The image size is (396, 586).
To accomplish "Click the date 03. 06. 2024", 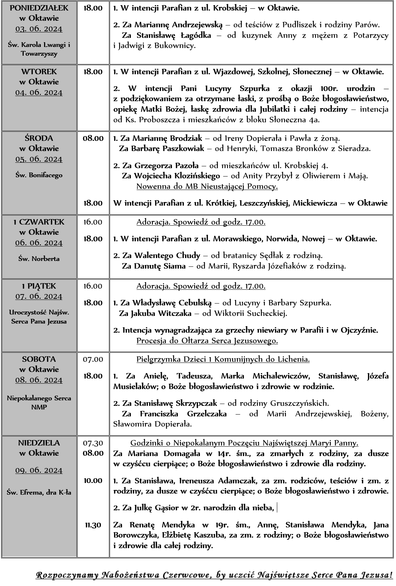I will tap(39, 29).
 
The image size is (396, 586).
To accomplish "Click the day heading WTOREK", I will tap(39, 72).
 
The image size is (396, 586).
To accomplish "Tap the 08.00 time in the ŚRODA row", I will tap(93, 138).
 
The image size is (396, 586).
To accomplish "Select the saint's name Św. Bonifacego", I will tap(39, 175).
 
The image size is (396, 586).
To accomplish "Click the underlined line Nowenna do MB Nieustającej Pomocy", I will tap(207, 186).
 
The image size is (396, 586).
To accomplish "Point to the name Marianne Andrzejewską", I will tap(178, 25).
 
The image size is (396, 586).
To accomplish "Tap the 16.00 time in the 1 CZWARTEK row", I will tap(93, 222).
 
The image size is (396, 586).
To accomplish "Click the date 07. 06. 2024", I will tap(39, 296).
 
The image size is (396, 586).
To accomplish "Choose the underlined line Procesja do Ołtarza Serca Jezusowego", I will tap(207, 341).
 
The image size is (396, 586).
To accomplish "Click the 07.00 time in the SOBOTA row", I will tap(93, 359).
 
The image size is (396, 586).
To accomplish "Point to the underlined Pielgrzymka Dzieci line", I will tap(223, 359).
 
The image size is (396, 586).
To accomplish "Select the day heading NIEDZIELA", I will tap(39, 443).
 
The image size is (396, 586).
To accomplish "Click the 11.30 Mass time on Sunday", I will tap(93, 525).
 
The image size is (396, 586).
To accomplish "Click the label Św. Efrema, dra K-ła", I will tap(39, 492).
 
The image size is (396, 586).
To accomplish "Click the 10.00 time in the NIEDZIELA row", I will tap(93, 480).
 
